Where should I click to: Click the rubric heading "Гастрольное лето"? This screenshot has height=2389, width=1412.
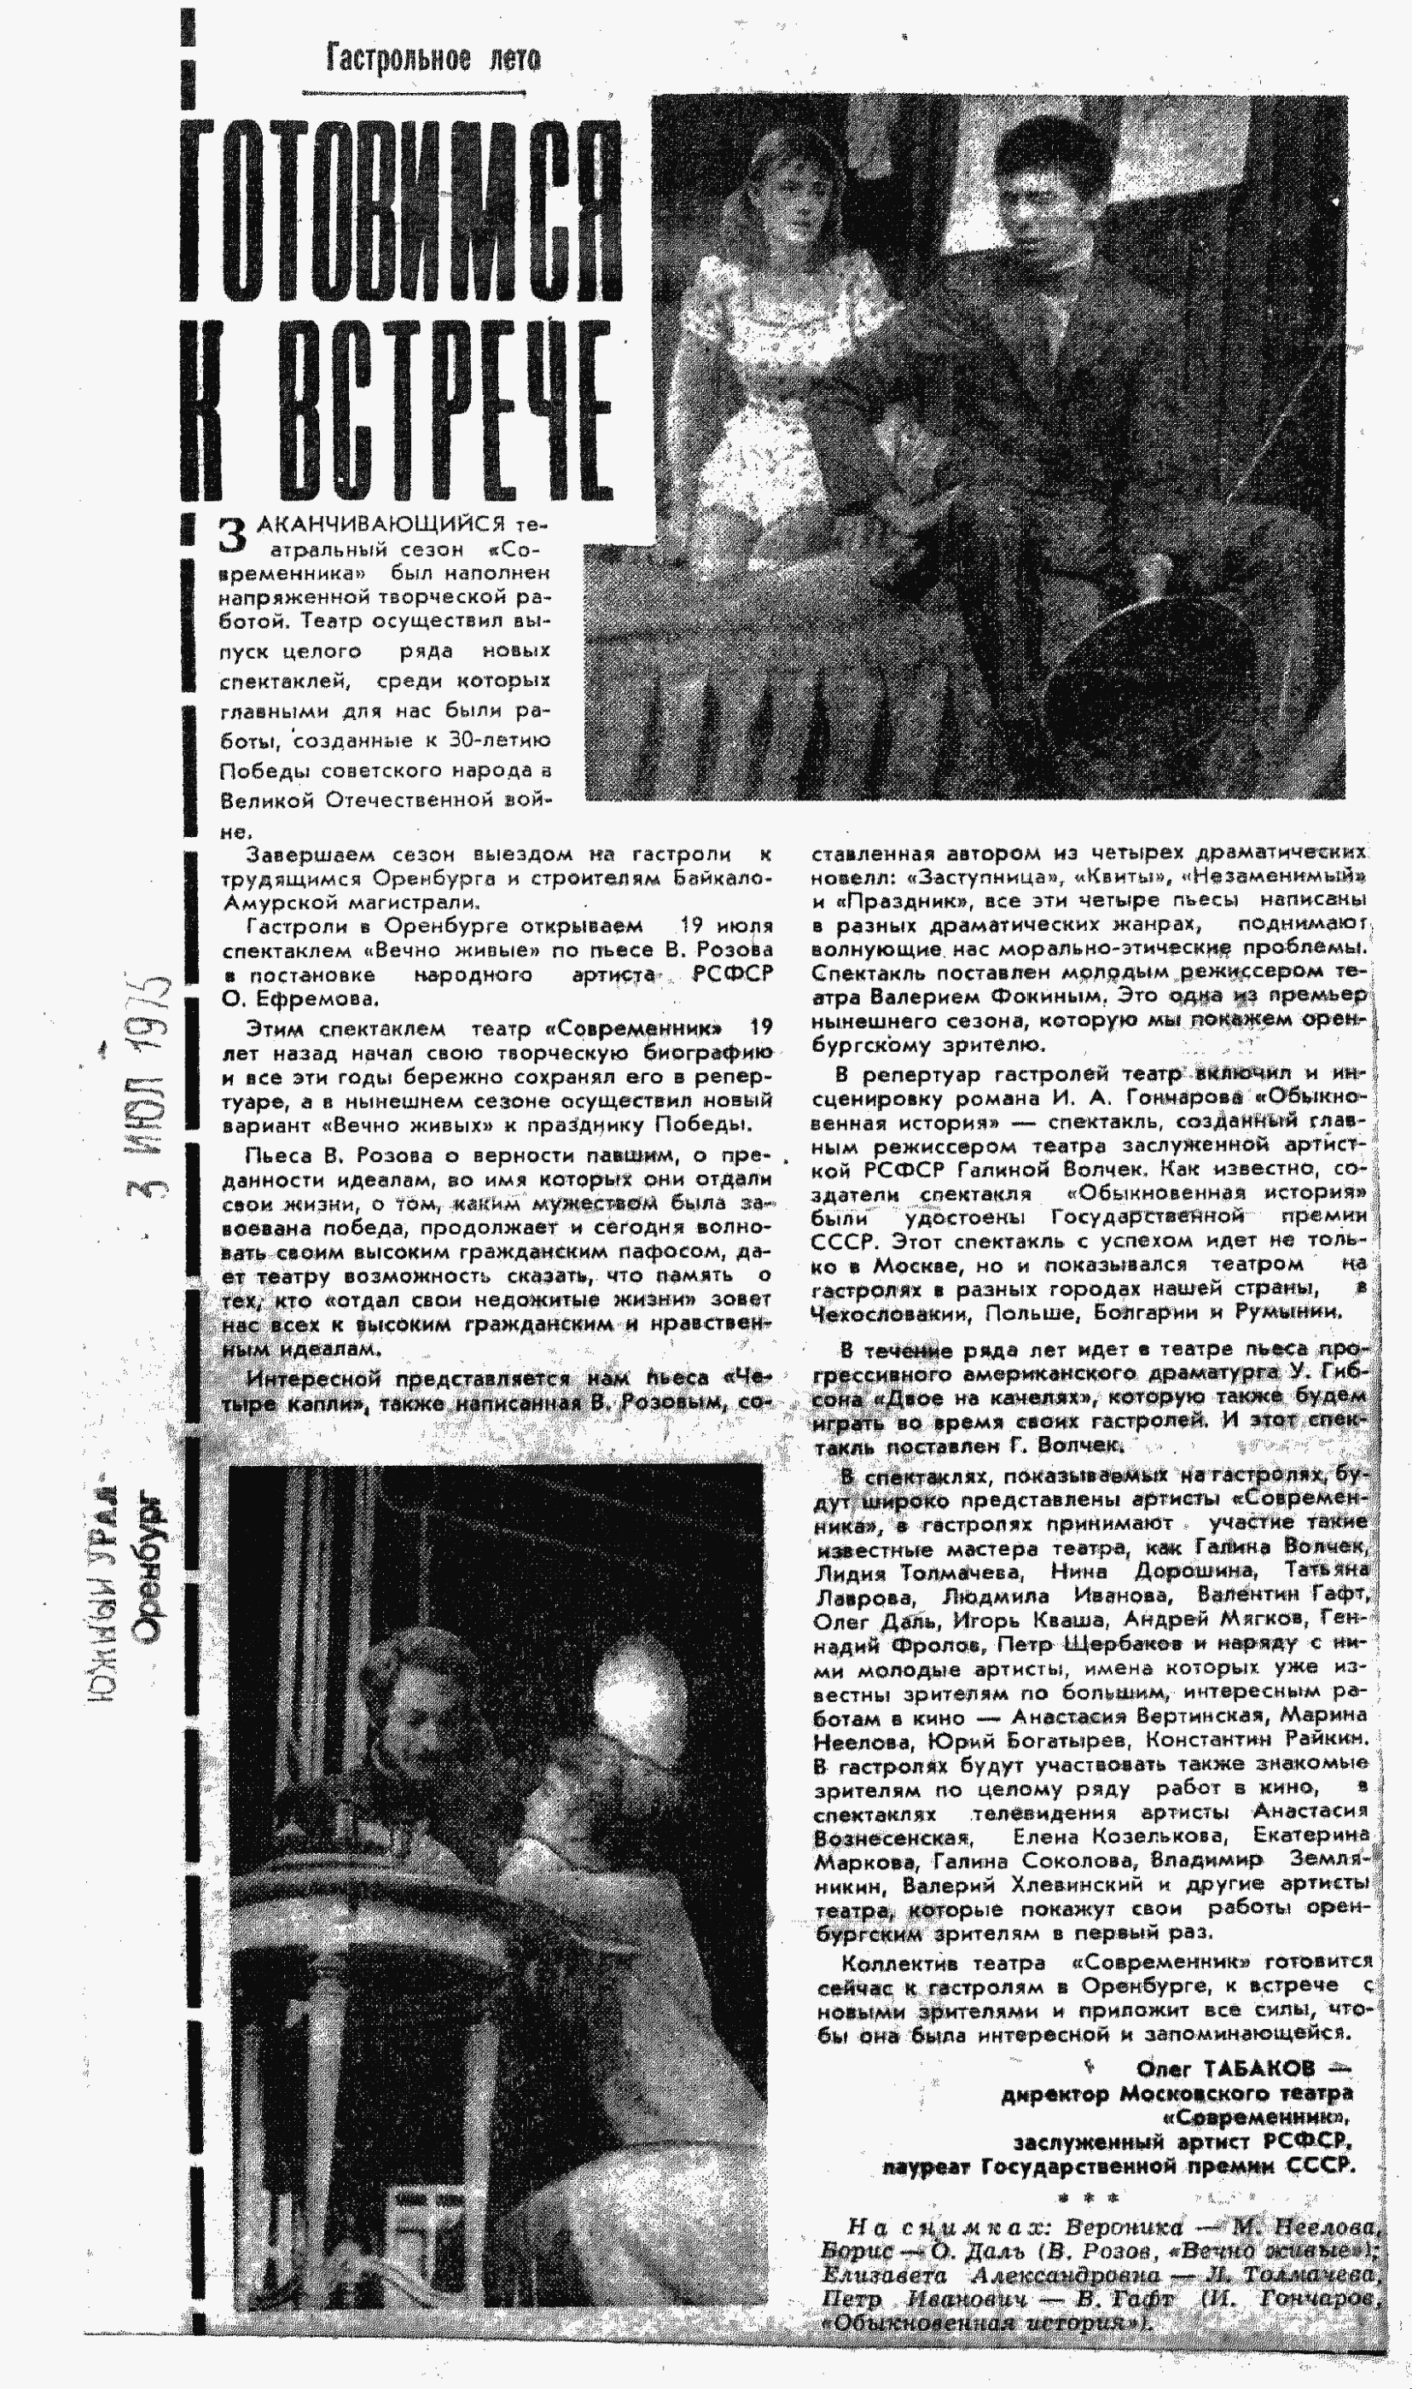coord(433,59)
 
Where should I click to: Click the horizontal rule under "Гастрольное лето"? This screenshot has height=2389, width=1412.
coord(414,92)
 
